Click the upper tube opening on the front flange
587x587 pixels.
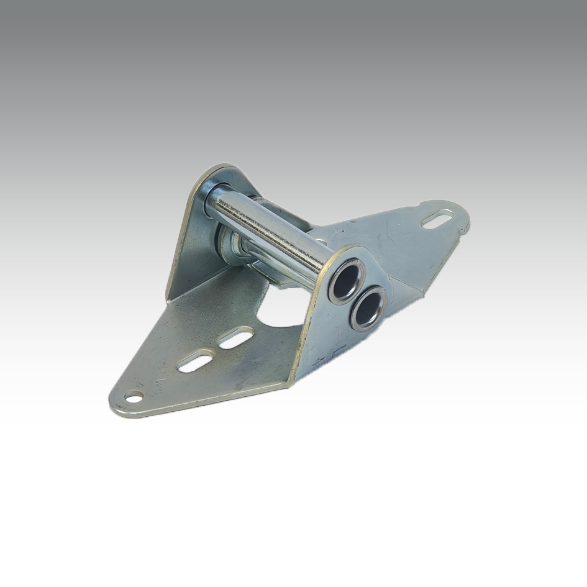[347, 281]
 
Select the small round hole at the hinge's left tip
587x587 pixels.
[134, 396]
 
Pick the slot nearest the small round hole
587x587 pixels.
[196, 360]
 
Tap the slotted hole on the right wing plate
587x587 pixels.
[437, 219]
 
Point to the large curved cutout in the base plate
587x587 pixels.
[283, 311]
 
